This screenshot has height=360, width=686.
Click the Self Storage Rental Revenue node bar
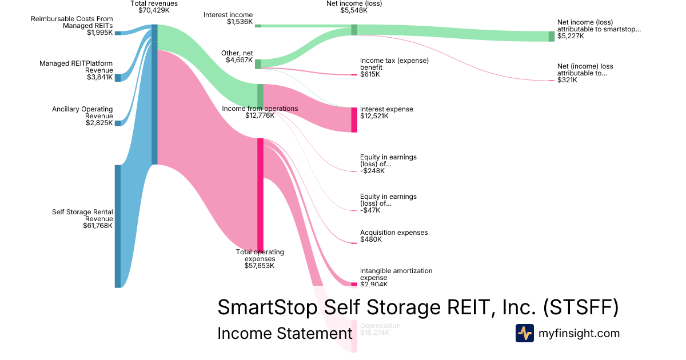click(118, 226)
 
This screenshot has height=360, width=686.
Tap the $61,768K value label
click(98, 226)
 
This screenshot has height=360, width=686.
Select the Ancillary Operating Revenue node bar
click(118, 123)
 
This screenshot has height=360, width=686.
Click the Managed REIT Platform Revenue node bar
click(118, 78)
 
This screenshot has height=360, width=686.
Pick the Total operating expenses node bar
click(260, 194)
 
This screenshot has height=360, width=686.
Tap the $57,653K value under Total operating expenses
click(260, 266)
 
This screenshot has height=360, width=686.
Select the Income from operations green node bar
click(260, 95)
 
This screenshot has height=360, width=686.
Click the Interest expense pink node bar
click(354, 119)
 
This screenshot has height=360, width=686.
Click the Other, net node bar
click(258, 64)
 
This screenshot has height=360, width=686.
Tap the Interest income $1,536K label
click(228, 18)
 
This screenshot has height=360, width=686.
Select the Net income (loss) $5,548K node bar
click(354, 30)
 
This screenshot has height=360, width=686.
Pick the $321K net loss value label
click(567, 80)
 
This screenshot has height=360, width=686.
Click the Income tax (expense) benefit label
click(394, 63)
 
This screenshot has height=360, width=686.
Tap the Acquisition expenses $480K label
click(393, 236)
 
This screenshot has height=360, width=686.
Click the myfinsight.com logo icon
click(524, 333)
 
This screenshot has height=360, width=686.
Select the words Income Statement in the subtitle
click(285, 334)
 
